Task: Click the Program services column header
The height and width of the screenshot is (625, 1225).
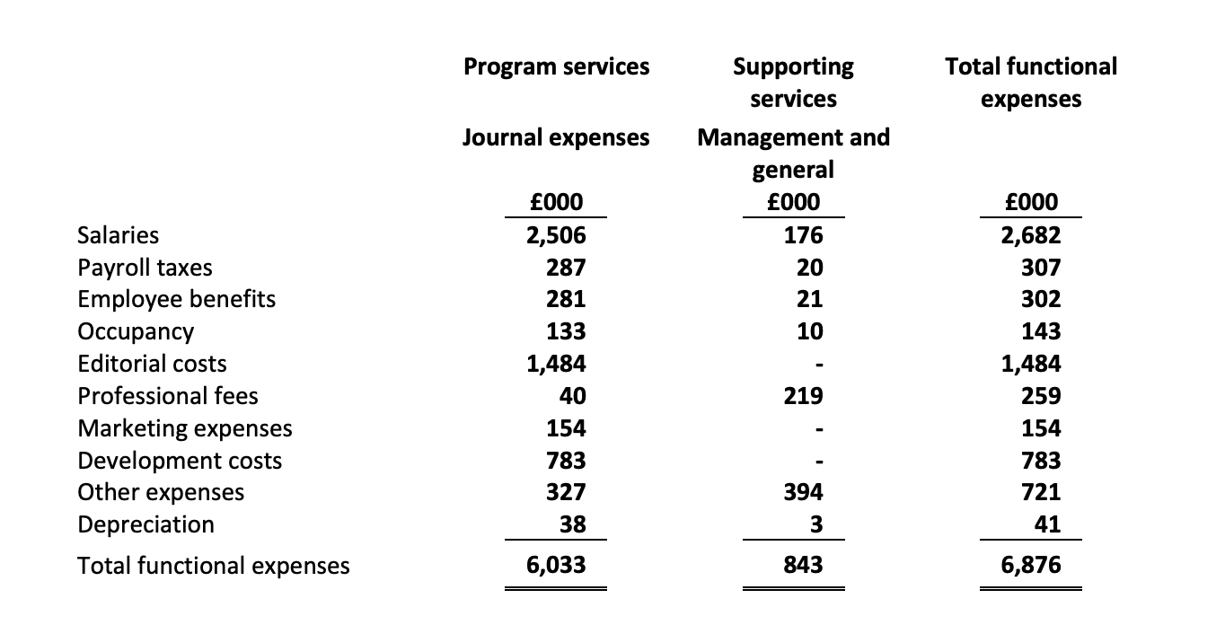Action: (x=556, y=66)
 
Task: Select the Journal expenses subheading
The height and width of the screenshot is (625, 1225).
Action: (x=556, y=137)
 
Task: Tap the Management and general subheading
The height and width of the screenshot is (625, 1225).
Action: (x=794, y=154)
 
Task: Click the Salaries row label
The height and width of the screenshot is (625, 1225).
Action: (x=119, y=235)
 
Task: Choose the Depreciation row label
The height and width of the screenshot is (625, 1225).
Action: (x=146, y=524)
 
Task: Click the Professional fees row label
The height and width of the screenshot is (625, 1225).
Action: (x=167, y=396)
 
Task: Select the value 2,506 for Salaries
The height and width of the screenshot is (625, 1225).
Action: (x=556, y=235)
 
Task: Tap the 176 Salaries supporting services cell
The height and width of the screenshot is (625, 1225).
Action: (x=804, y=235)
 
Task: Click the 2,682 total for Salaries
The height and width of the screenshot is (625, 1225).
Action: (x=1031, y=235)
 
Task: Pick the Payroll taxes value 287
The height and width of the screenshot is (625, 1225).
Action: (x=566, y=268)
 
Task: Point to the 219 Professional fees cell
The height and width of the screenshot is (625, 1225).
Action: (x=804, y=396)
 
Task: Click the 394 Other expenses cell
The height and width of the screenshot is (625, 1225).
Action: (x=804, y=492)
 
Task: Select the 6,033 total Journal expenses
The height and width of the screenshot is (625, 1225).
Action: (x=556, y=565)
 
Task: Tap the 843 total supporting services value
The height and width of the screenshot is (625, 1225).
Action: (x=804, y=565)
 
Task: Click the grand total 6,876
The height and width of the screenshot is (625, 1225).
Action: (x=1031, y=565)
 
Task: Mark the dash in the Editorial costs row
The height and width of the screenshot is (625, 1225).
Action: (x=819, y=365)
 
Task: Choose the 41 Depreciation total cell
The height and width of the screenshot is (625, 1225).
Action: (x=1047, y=524)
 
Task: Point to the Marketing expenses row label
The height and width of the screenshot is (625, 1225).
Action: (x=185, y=428)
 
